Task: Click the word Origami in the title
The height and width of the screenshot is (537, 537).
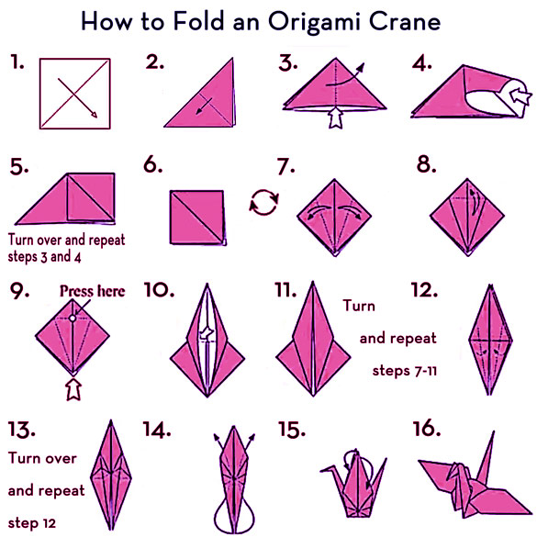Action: coord(314,22)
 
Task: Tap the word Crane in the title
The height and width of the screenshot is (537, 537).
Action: coord(405,21)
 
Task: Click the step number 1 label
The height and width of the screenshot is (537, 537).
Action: coord(17,62)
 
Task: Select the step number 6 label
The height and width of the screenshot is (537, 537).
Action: coord(152,164)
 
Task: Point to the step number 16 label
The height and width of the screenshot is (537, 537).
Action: coord(427,429)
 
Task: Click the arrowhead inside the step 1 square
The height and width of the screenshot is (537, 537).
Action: coord(93,114)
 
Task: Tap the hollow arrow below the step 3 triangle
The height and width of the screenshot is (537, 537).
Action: coord(336,117)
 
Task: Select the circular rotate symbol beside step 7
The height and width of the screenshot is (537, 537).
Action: coord(263,202)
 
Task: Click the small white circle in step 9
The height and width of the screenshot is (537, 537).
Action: coord(73,319)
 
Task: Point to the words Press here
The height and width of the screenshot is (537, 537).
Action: coord(93,291)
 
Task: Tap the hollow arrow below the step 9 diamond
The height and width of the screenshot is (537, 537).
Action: coord(73,389)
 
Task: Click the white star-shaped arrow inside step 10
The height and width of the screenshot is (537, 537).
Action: coord(207,333)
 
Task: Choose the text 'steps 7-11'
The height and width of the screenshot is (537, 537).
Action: coord(405,371)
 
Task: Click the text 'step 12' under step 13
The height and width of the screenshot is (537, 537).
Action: coord(31,523)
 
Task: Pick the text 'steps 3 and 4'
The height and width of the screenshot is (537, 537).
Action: coord(44,256)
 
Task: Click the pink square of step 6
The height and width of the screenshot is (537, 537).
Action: coord(197,218)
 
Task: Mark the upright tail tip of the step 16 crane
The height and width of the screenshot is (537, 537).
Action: coord(494,431)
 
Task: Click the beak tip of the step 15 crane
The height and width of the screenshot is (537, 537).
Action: coord(321,471)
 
